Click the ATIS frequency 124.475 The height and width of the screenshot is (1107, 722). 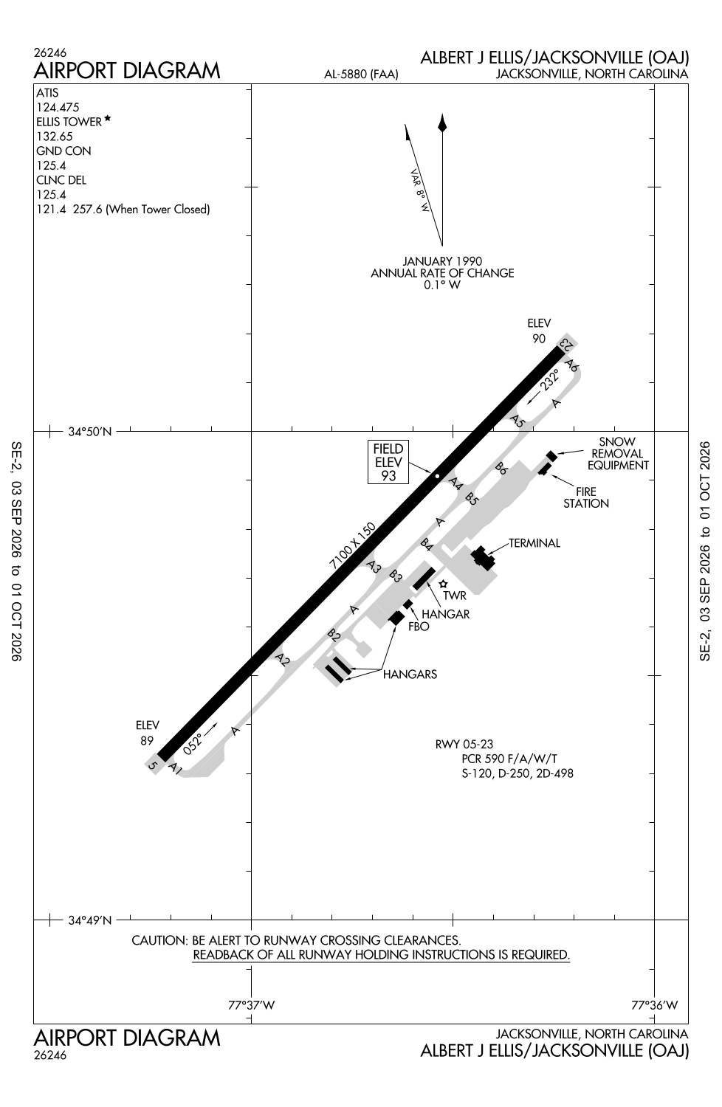tap(58, 107)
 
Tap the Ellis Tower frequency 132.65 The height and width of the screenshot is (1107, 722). tap(55, 137)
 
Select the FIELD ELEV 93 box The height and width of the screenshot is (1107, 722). tap(388, 462)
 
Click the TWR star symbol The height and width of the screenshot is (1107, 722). tap(443, 584)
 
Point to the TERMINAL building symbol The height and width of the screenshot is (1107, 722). tap(483, 559)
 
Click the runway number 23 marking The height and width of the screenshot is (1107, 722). tap(565, 344)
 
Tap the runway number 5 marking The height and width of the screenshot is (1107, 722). tap(153, 765)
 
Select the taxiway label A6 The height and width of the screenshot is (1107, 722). tap(572, 366)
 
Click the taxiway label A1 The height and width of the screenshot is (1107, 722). tap(175, 768)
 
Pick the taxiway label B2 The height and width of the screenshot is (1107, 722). tap(334, 635)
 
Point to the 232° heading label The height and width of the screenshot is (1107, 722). tap(549, 379)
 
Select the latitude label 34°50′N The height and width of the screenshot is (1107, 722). tap(90, 432)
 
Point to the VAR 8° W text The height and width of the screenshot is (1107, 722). tap(419, 190)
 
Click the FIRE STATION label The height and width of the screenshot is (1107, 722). tap(586, 497)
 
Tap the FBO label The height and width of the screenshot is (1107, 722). tap(419, 627)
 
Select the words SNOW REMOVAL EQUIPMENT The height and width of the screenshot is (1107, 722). tap(618, 454)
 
